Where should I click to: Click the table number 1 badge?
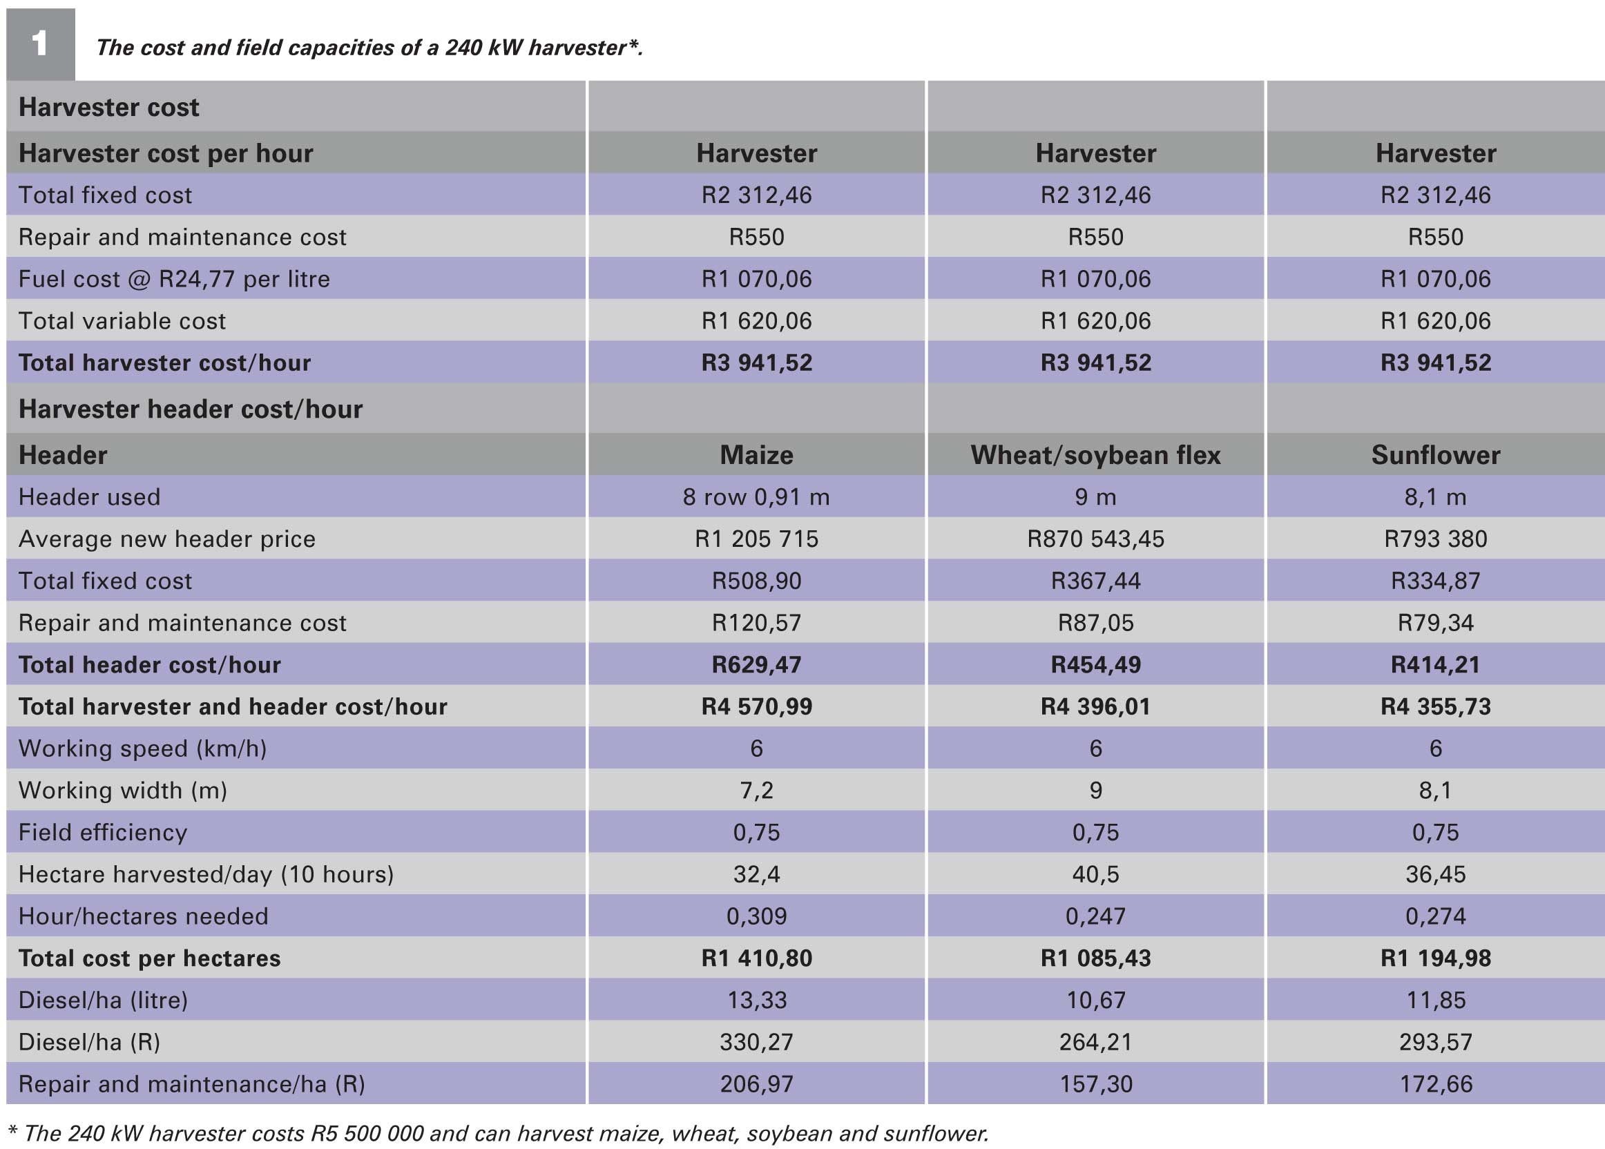pyautogui.click(x=40, y=44)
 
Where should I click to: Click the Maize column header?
pyautogui.click(x=756, y=455)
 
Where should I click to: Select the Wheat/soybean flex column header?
pyautogui.click(x=1095, y=455)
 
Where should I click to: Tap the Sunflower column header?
pyautogui.click(x=1435, y=455)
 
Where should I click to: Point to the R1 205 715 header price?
pyautogui.click(x=756, y=539)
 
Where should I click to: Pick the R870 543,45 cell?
pyautogui.click(x=1095, y=539)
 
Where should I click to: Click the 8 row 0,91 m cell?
pyautogui.click(x=756, y=497)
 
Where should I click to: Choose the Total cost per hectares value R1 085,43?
pyautogui.click(x=1095, y=958)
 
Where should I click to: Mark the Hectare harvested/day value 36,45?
pyautogui.click(x=1435, y=874)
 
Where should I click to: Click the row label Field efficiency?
pyautogui.click(x=104, y=833)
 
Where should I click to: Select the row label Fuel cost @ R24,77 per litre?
pyautogui.click(x=174, y=280)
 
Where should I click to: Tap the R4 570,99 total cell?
pyautogui.click(x=756, y=707)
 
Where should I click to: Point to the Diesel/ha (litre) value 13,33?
pyautogui.click(x=756, y=1001)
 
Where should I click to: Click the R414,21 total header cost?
pyautogui.click(x=1435, y=665)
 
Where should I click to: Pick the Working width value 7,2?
pyautogui.click(x=756, y=791)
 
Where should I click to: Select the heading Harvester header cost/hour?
pyautogui.click(x=191, y=409)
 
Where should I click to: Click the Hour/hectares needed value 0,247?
pyautogui.click(x=1095, y=917)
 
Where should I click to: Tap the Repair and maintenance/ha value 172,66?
pyautogui.click(x=1435, y=1085)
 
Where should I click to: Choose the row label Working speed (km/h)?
pyautogui.click(x=143, y=749)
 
